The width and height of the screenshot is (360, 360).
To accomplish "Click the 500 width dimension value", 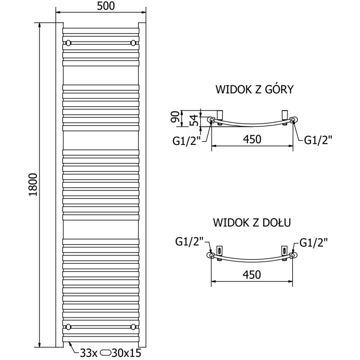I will tap(101, 6).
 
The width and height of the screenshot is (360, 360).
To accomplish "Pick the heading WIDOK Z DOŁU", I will tap(252, 223).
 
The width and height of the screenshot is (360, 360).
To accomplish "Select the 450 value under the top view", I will tap(252, 139).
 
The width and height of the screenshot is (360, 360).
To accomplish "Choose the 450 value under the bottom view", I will tap(252, 274).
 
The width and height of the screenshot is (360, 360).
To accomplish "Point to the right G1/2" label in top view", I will tap(318, 140).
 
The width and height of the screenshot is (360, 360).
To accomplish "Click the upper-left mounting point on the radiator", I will tap(68, 43).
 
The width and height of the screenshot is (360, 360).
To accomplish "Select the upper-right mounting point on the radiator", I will tap(133, 43).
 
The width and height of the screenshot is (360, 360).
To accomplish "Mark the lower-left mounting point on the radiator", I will tap(68, 326).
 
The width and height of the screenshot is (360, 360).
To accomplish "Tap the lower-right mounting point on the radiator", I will tap(133, 326).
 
